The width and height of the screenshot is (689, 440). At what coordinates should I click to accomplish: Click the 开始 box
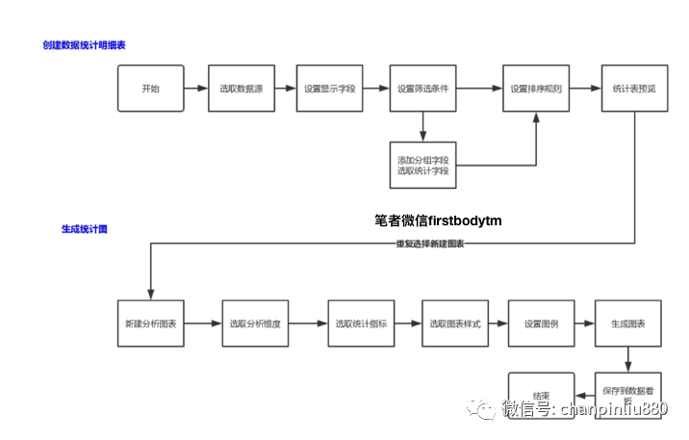coord(150,89)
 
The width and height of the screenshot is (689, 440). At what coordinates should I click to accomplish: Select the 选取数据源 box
coord(241,89)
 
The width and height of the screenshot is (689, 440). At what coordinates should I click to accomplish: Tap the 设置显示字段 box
coord(330,89)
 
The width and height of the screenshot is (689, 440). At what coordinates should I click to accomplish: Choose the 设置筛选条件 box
coord(423,89)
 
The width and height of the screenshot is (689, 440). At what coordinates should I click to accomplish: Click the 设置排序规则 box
coord(536,89)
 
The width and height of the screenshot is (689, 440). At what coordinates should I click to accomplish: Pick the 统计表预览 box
coord(634,89)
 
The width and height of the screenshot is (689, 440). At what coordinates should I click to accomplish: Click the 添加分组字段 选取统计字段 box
coord(423,165)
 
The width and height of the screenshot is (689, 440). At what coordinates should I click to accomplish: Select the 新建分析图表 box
coord(150,324)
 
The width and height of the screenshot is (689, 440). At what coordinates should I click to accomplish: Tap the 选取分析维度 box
coord(255,324)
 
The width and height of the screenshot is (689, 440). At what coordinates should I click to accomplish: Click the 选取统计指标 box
coord(361,324)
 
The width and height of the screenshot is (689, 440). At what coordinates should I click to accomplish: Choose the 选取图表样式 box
coord(454,324)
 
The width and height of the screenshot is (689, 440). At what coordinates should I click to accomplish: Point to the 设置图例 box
coord(541,324)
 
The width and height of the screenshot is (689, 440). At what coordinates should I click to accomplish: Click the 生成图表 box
coord(627,324)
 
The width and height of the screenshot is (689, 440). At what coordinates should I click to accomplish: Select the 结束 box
coord(541,395)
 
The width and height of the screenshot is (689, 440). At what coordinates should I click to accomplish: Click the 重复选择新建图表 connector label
coord(430,244)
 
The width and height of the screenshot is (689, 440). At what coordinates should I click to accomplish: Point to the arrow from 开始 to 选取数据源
coord(195,89)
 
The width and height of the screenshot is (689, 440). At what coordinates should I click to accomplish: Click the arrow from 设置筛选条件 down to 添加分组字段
coord(423,126)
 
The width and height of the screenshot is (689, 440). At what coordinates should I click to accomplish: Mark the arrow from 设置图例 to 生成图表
coord(584,324)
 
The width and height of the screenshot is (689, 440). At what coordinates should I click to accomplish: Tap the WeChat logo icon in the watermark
coord(481,408)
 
